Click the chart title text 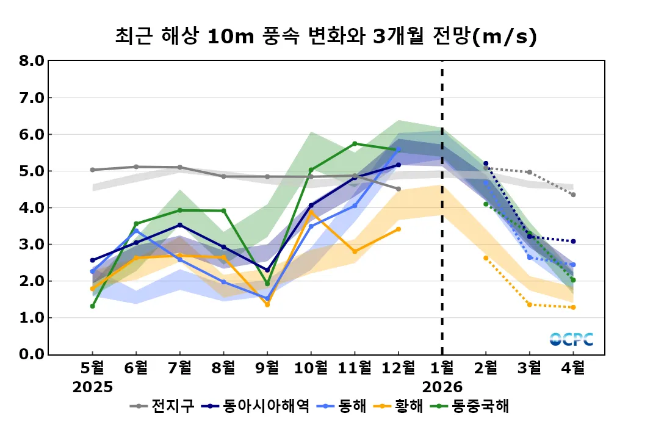[326, 37]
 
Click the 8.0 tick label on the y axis [31, 61]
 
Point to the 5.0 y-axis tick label [31, 171]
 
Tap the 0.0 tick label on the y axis [31, 354]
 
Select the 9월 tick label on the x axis [267, 368]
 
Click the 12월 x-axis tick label [398, 368]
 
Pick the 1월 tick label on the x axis [442, 368]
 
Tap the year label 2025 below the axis [93, 387]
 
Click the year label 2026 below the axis [442, 387]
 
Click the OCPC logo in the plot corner [571, 339]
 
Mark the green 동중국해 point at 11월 [355, 144]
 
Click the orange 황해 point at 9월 [267, 304]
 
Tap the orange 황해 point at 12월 [399, 229]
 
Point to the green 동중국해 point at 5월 [93, 306]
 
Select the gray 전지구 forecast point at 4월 [573, 195]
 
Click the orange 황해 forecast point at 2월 [486, 258]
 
